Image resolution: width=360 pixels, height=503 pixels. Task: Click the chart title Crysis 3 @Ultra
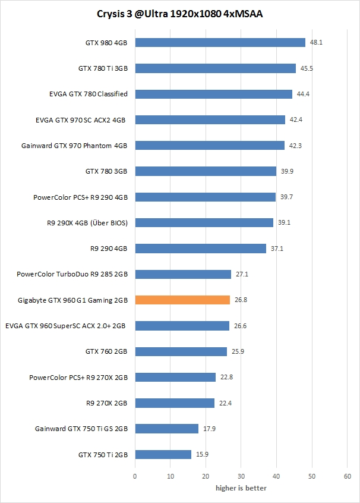(x=180, y=14)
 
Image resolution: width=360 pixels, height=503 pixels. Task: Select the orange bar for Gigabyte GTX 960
(x=182, y=300)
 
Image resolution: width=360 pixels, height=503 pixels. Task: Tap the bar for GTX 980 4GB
(x=220, y=42)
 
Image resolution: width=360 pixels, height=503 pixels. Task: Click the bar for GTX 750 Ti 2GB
(x=163, y=454)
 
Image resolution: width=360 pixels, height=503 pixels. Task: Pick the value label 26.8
(x=240, y=300)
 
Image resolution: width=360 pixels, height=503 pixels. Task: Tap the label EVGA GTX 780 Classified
(x=89, y=94)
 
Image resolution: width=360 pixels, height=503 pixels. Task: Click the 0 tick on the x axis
(x=135, y=476)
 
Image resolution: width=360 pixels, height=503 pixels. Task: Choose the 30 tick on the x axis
(x=241, y=476)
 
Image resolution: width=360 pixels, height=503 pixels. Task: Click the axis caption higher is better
(x=241, y=488)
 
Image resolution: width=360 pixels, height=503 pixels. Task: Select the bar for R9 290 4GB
(x=200, y=249)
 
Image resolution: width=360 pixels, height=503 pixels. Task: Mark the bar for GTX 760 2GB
(x=181, y=351)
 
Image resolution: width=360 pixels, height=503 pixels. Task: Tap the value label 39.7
(x=286, y=197)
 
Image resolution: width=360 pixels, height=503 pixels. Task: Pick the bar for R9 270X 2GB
(x=175, y=403)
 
